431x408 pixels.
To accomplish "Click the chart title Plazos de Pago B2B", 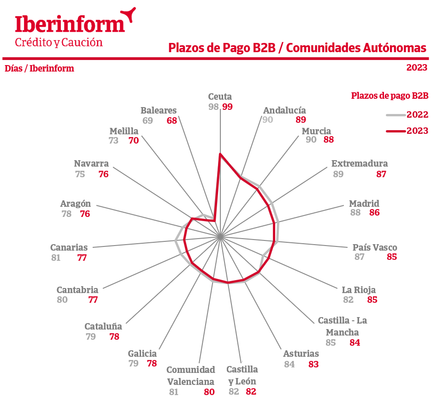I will point(297,48).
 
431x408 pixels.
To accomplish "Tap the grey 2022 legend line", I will point(396,114).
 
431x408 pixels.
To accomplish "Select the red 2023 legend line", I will point(396,131).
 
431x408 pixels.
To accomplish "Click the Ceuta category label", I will point(220,97).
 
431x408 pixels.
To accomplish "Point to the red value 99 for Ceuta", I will point(227,107).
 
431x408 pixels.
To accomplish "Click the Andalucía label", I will point(284,110).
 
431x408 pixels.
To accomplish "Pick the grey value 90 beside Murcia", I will point(311,139).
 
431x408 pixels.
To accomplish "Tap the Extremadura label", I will point(360,163).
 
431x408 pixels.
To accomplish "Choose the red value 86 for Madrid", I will point(375,213).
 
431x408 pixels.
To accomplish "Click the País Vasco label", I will point(375,247).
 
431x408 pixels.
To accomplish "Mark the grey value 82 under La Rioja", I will point(348,300).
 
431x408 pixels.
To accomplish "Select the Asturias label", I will point(301,354).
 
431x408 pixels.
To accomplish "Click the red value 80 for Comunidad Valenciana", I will point(209,392).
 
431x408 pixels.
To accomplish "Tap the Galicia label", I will point(142,354).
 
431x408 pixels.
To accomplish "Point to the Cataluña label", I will point(103,326).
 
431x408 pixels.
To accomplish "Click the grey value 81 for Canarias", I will point(56,258).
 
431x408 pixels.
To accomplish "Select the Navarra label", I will point(91,163).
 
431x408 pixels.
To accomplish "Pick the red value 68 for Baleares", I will point(172,120).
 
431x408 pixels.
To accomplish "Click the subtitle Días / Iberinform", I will point(39,69).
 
